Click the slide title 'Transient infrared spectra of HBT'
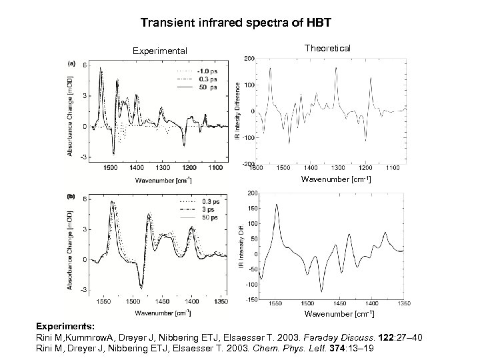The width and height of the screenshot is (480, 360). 239,22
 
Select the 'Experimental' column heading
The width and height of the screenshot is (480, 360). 160,50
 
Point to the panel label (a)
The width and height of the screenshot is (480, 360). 71,63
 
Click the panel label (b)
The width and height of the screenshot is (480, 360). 71,197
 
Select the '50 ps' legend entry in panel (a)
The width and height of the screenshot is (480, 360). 195,87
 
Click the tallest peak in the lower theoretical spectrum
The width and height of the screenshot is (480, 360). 277,206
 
